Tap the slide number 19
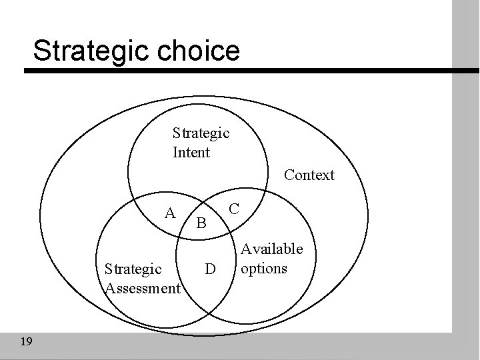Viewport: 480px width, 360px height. click(27, 342)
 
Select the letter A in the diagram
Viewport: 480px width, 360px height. click(171, 213)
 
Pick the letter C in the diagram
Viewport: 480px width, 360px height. click(234, 208)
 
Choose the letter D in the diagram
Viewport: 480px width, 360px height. click(210, 269)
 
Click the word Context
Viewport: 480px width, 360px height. click(309, 175)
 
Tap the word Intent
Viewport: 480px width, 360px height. click(191, 153)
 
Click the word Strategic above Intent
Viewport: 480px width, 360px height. click(201, 133)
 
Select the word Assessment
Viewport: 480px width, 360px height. click(143, 288)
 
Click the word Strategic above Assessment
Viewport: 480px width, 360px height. click(133, 269)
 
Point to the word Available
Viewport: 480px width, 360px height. click(271, 249)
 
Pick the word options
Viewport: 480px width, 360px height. click(264, 268)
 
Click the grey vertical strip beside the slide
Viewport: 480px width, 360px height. click(466, 200)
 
